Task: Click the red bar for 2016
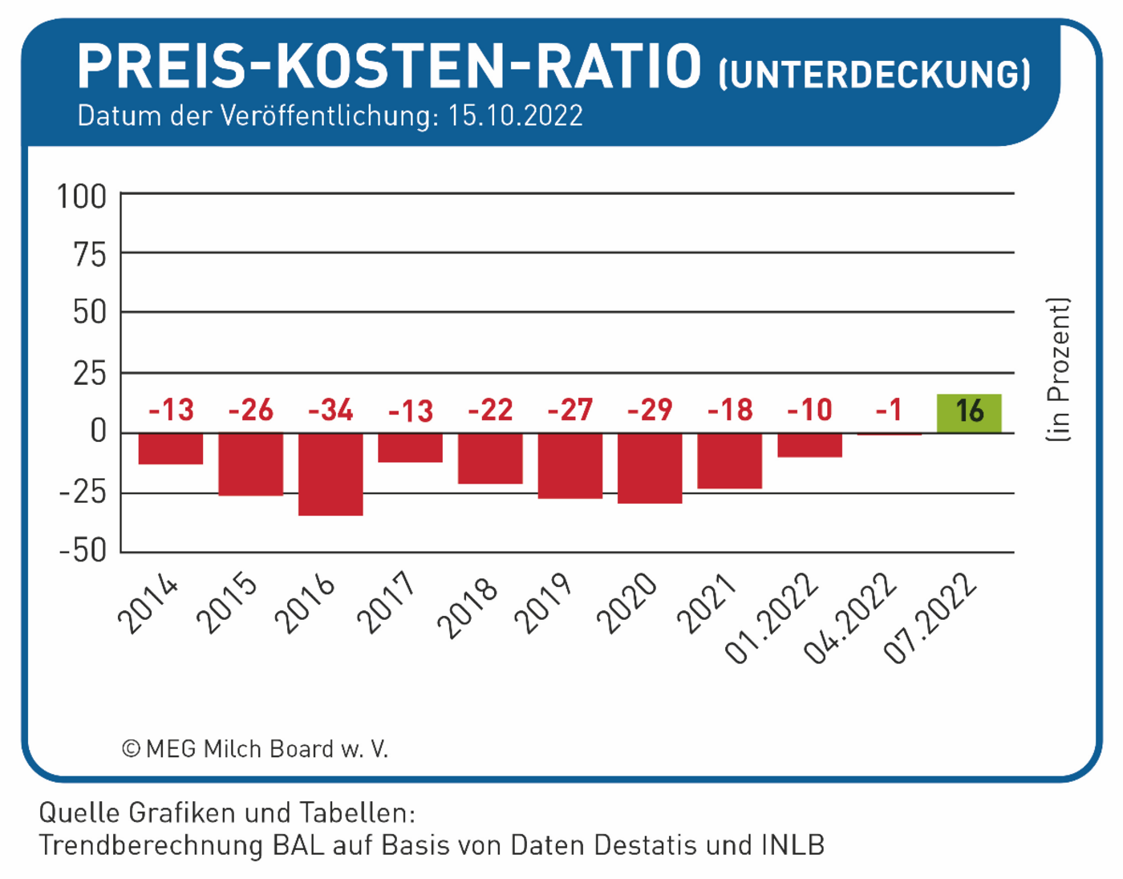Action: coord(330,474)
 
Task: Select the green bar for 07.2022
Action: coord(969,414)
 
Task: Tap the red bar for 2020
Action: coord(650,468)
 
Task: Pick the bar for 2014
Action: coord(171,448)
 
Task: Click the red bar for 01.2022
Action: coord(809,445)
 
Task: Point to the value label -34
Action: coord(330,411)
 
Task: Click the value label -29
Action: coord(650,411)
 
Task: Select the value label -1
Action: coord(889,411)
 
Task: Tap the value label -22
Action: coord(490,411)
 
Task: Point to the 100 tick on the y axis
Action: coord(81,196)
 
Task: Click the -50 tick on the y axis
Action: coord(83,551)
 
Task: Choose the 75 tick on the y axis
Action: coord(89,255)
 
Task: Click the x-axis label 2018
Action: coord(468,607)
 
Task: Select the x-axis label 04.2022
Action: coord(850,618)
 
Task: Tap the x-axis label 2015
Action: coord(228,604)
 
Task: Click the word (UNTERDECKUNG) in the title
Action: coord(874,75)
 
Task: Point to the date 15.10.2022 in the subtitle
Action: coord(515,116)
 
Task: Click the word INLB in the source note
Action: coord(793,845)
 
